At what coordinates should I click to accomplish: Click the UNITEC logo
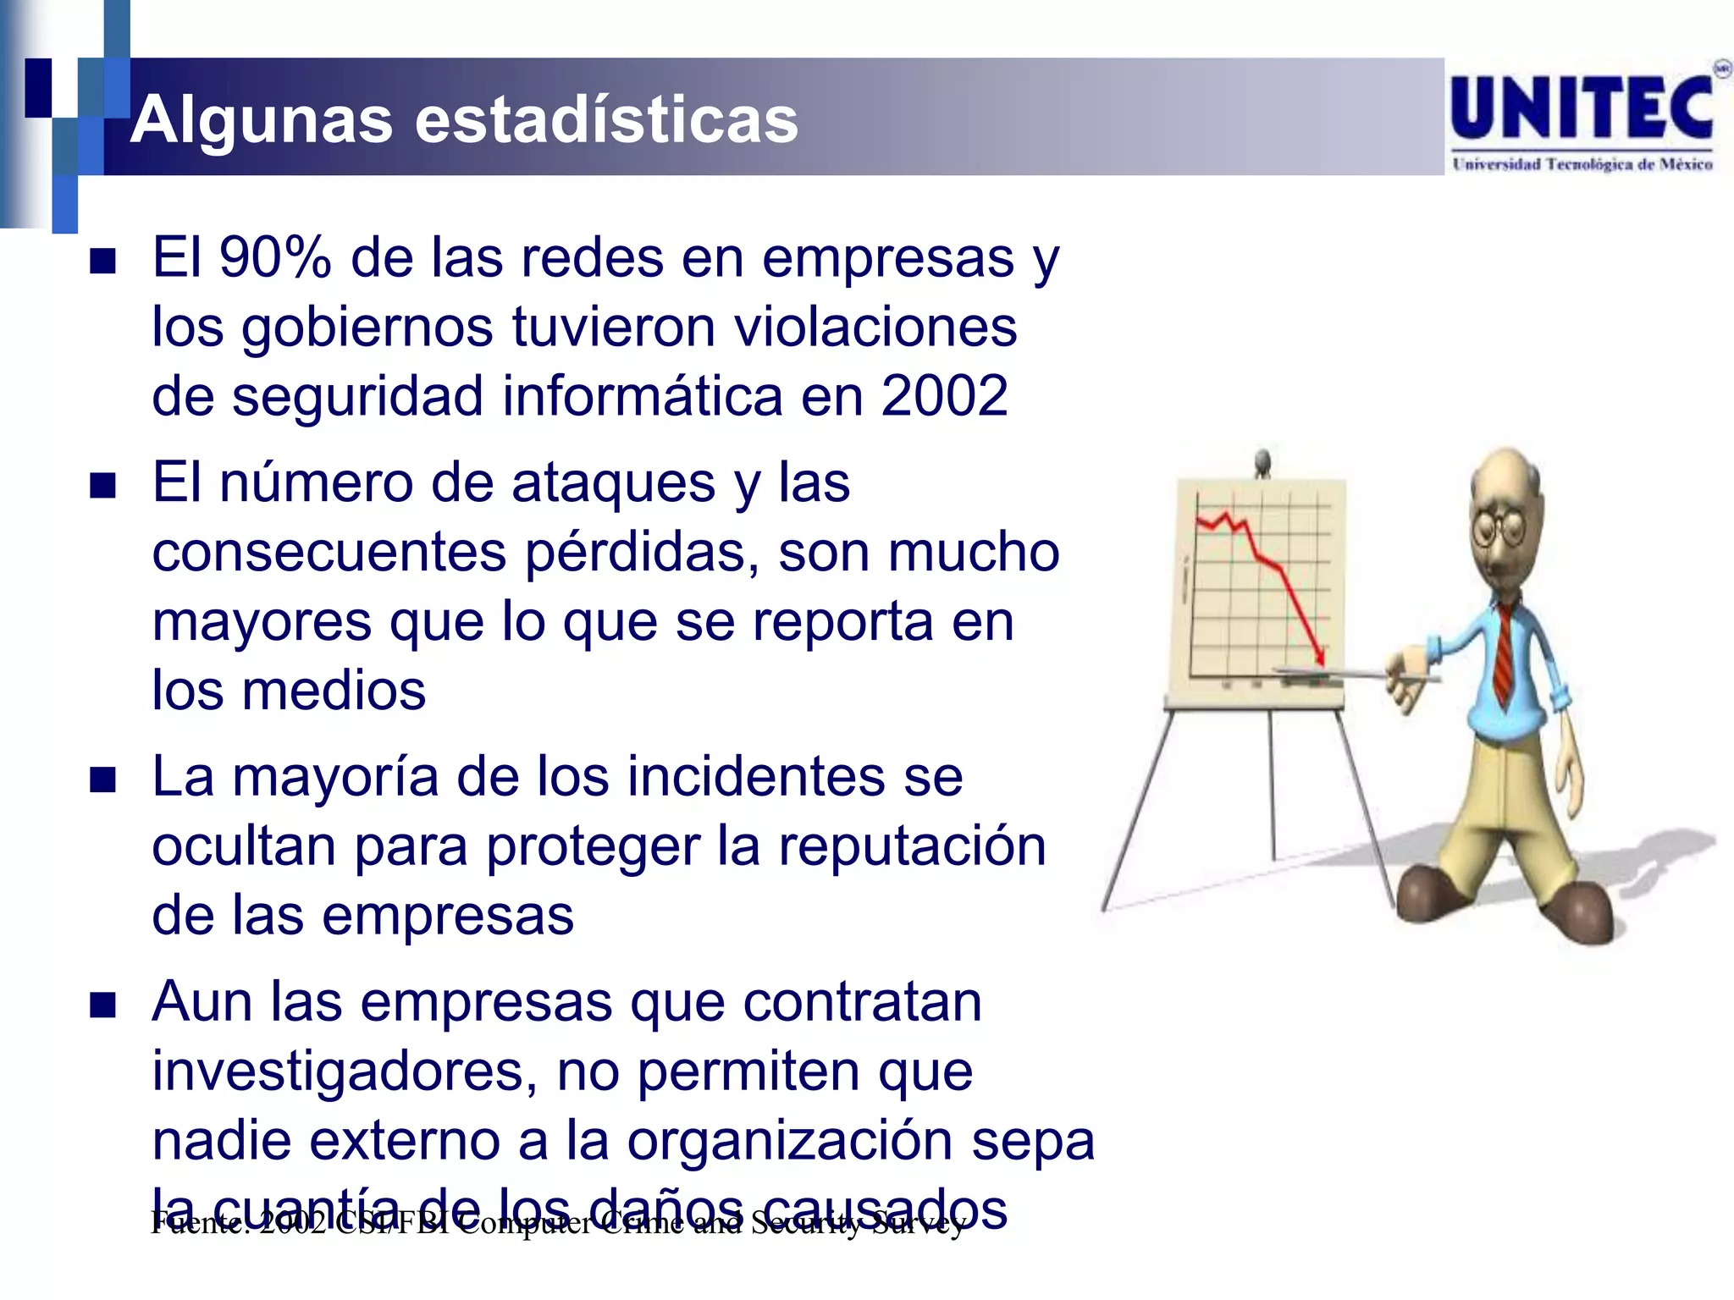[1582, 107]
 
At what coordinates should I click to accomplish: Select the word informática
[643, 396]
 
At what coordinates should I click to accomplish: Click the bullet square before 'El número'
[103, 487]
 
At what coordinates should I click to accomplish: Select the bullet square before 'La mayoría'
[103, 780]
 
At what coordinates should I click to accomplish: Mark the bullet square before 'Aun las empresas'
[103, 1005]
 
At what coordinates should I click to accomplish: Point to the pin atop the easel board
[1262, 461]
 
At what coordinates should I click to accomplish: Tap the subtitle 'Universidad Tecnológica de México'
[1582, 164]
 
